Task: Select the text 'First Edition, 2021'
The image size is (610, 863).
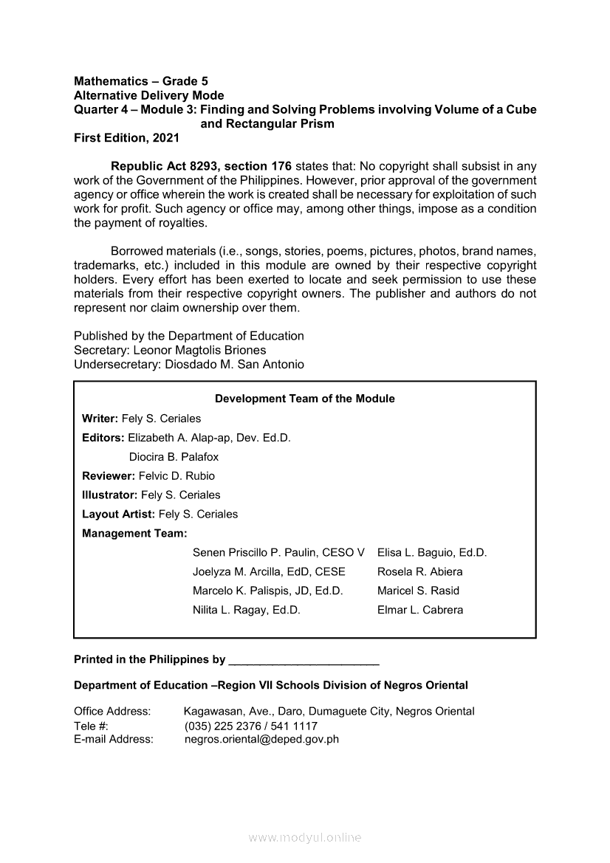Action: tap(126, 138)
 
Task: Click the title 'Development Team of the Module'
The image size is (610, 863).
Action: tap(304, 399)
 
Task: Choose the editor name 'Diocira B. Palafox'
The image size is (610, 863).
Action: tap(174, 457)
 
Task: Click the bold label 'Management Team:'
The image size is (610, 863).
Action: tap(134, 533)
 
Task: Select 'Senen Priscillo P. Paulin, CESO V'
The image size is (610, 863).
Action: tap(278, 553)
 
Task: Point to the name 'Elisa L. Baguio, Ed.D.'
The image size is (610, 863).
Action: tap(432, 553)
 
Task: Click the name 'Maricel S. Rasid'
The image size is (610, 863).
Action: tap(418, 591)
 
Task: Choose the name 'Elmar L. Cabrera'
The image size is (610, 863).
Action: tap(420, 610)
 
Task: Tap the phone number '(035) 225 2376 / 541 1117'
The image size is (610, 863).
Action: tap(251, 726)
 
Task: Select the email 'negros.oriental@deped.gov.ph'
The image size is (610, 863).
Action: tap(261, 739)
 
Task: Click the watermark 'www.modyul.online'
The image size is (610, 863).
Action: tap(305, 838)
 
